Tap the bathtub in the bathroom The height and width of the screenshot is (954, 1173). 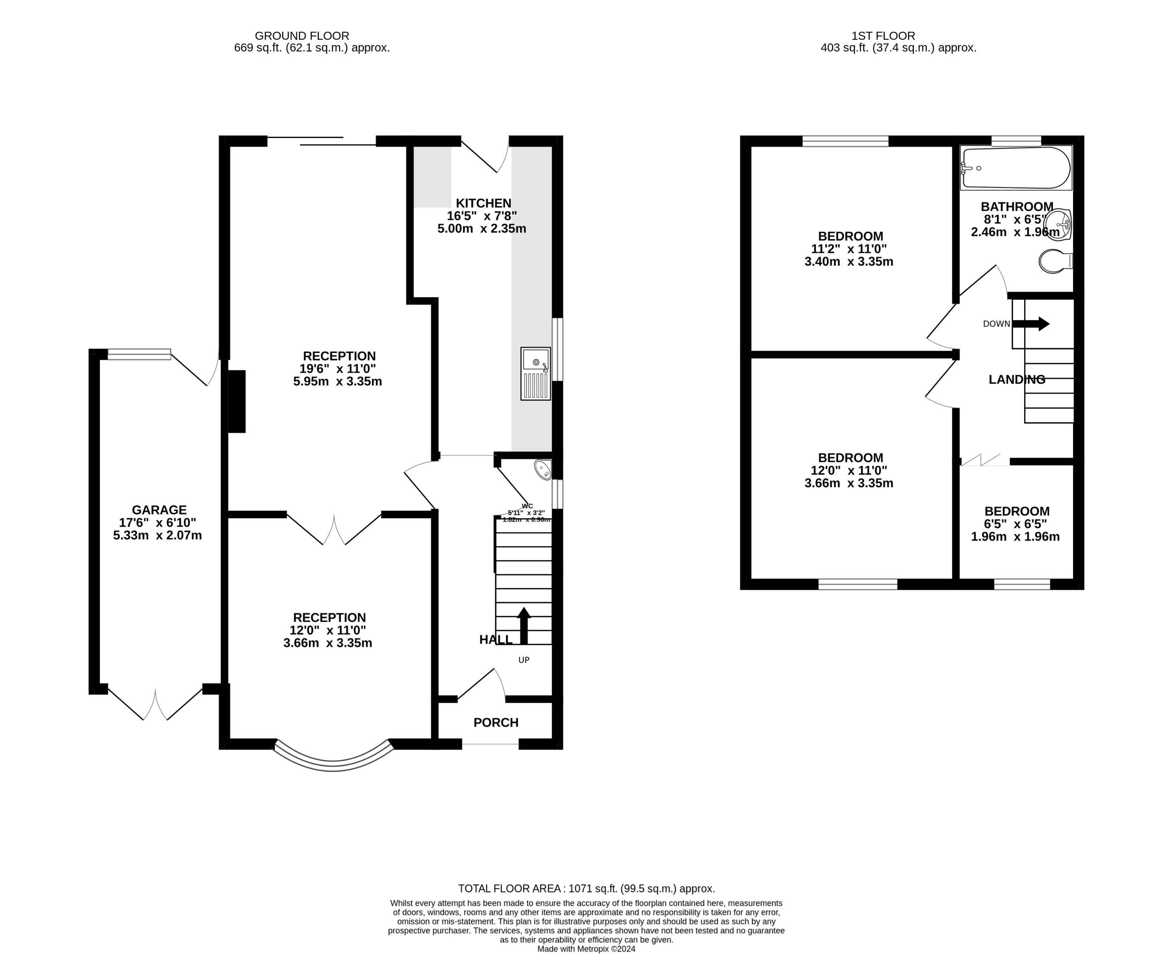click(1016, 168)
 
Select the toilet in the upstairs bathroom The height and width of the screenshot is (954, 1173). click(1054, 261)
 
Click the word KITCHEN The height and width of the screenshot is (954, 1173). click(483, 203)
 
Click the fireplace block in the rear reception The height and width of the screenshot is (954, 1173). click(237, 401)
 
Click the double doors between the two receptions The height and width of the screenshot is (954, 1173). click(334, 530)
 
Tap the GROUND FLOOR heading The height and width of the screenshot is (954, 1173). click(302, 36)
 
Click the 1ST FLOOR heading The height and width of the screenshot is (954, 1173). click(883, 36)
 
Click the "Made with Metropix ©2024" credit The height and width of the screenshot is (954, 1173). click(586, 948)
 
